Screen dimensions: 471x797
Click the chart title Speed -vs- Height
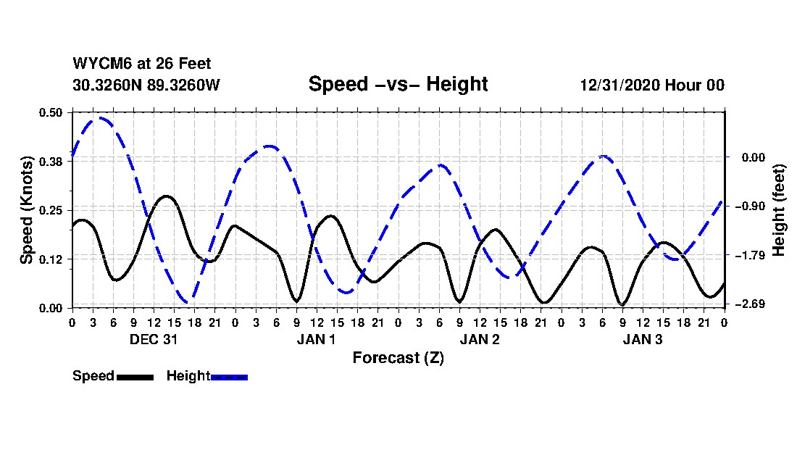398,84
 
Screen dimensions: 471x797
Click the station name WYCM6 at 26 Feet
142,64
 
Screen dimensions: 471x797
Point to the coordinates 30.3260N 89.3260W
146,85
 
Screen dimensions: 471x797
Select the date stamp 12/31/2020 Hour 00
652,85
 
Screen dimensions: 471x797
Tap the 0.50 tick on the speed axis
51,112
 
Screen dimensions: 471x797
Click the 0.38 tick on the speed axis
51,161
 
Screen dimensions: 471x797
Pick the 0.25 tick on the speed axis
51,210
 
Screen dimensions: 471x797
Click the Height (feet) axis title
779,210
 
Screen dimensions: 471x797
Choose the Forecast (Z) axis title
398,357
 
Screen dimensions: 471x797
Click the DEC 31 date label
154,338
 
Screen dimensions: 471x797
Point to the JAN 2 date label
480,338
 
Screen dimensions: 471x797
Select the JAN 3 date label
643,338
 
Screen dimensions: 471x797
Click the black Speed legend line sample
135,377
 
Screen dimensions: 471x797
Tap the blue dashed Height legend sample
229,377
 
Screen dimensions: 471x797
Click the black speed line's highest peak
167,196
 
